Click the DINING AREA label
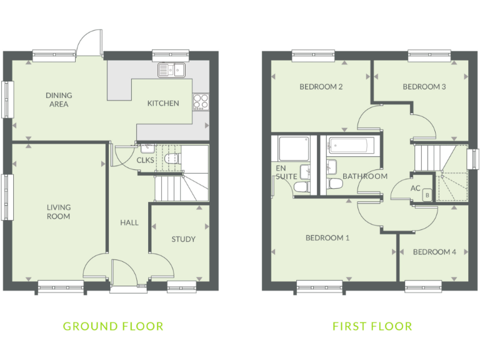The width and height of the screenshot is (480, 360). coord(59,100)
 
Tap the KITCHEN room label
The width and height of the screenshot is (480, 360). coord(163,103)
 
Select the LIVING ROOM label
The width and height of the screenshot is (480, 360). coord(59,212)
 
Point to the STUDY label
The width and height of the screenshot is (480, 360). coord(183,239)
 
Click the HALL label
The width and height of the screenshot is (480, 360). coord(129,222)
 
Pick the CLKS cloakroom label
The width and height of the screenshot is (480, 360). coord(145,160)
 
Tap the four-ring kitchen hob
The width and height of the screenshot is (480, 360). coord(201,102)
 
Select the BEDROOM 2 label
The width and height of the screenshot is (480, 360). coord(321,87)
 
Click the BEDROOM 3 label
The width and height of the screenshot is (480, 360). coord(424,87)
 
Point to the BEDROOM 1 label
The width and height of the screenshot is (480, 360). coord(327,237)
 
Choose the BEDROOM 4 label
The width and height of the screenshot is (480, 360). coord(434,252)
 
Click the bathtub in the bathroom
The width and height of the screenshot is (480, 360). coord(351,147)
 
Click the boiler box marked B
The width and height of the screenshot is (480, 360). coord(427,194)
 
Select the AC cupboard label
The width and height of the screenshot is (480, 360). coord(416,188)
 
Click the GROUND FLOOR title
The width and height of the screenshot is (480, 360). coord(113,326)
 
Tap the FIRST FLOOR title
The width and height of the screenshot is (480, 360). coord(372,326)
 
